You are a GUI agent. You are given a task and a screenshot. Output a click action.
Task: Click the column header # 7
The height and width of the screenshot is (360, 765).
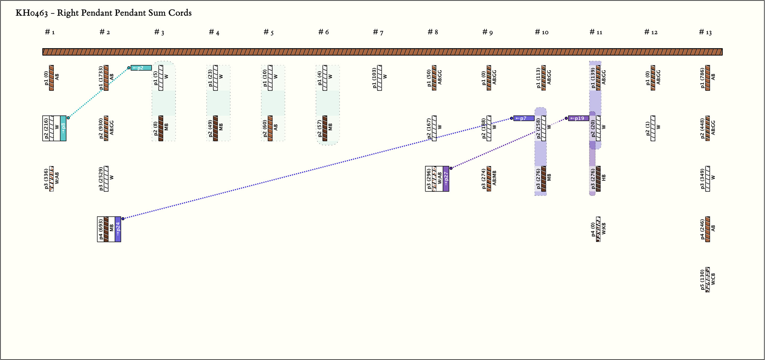pos(378,32)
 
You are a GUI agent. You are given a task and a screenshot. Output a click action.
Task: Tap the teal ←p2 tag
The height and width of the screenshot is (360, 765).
pos(141,68)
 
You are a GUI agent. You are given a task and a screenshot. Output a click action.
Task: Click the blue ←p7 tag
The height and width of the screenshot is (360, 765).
pos(524,118)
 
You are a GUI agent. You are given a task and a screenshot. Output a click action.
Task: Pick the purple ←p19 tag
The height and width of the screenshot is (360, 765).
pos(578,118)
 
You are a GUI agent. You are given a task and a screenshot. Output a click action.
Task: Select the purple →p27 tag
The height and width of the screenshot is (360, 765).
pos(446,179)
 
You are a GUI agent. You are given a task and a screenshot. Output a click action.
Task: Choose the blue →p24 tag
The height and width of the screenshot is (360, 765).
pos(118,229)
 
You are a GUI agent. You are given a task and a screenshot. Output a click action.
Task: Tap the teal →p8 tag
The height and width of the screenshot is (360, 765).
pos(63,128)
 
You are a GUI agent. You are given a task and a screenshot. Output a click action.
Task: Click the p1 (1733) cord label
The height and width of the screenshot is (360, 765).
pos(101,78)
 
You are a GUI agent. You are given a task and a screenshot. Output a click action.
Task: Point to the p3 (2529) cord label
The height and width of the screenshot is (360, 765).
pos(101,179)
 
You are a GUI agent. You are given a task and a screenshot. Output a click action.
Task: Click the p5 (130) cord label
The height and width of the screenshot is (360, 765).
pos(702,280)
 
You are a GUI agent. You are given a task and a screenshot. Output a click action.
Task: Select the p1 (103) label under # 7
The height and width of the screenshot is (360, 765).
pos(374,78)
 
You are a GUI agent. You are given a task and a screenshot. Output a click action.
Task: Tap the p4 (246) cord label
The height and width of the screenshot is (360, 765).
pos(702,229)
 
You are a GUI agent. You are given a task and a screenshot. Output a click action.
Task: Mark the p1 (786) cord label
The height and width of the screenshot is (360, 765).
pos(702,78)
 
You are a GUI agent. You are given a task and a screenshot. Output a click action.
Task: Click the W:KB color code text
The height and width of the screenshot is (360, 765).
pos(604,229)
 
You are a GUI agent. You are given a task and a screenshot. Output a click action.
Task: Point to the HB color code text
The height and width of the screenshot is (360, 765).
pos(604,178)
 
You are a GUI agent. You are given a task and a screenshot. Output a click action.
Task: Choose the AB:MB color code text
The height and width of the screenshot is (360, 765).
pos(495,178)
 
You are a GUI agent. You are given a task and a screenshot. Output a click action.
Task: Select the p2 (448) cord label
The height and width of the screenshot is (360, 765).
pos(702,128)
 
